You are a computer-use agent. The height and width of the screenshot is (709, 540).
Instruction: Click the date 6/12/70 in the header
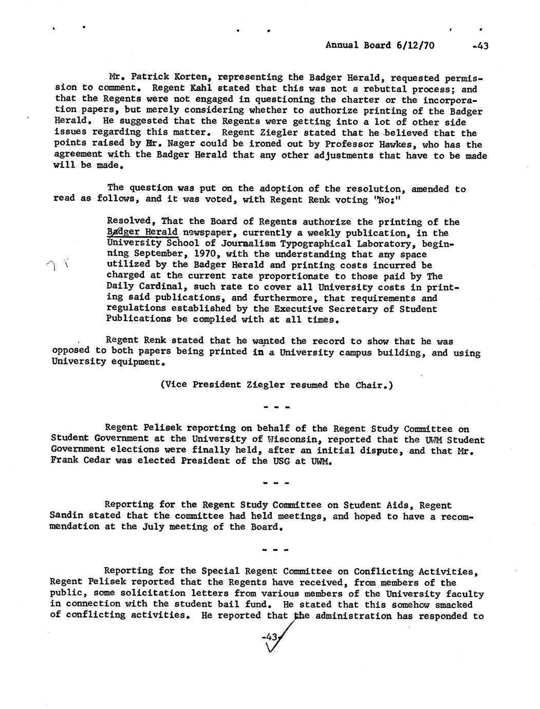tap(415, 45)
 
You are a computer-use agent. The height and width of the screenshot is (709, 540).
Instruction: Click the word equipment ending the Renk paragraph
tap(136, 361)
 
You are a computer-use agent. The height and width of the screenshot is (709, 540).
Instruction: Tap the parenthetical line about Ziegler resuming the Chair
tap(277, 384)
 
